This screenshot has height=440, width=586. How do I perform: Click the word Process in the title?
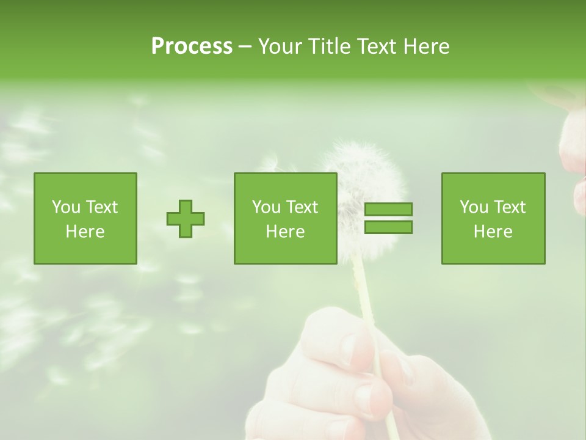pyautogui.click(x=192, y=46)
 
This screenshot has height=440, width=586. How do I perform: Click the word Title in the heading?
pyautogui.click(x=328, y=46)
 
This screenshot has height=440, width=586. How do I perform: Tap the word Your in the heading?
pyautogui.click(x=281, y=46)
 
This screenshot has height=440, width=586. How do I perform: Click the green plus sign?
pyautogui.click(x=186, y=219)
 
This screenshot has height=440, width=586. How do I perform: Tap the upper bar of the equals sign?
pyautogui.click(x=388, y=209)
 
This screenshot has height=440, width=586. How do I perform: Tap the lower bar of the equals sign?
pyautogui.click(x=388, y=227)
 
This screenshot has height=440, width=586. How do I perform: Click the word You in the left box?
pyautogui.click(x=66, y=207)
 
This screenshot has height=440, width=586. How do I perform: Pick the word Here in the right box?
pyautogui.click(x=493, y=232)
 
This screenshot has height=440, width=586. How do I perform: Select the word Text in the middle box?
pyautogui.click(x=302, y=207)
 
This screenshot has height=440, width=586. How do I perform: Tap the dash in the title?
pyautogui.click(x=245, y=46)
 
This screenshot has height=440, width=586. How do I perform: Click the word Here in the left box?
pyautogui.click(x=85, y=232)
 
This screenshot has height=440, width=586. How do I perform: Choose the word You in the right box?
pyautogui.click(x=474, y=207)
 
